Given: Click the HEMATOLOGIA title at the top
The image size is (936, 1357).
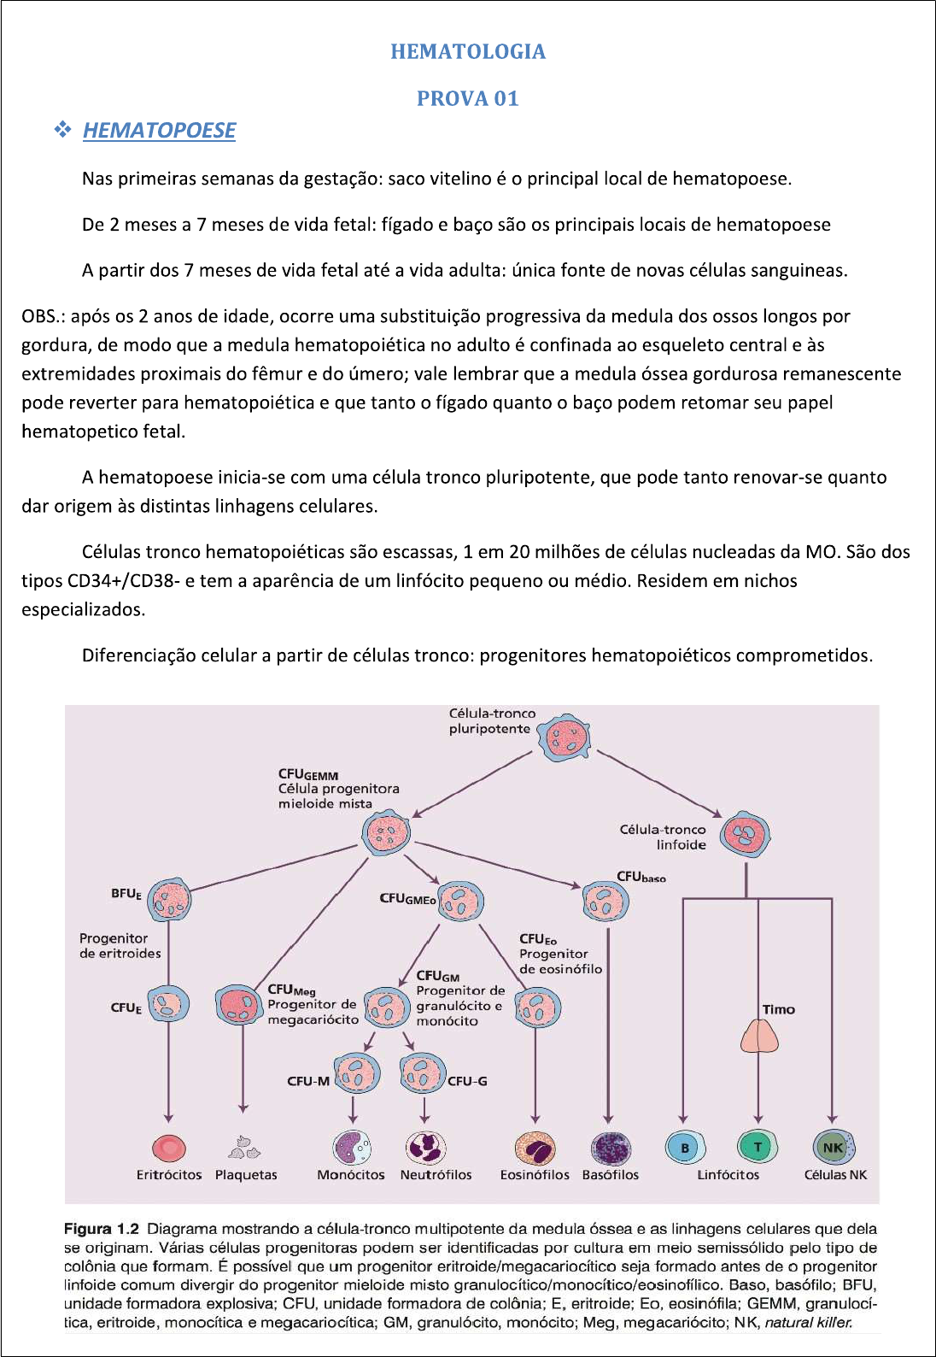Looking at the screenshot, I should pyautogui.click(x=468, y=51).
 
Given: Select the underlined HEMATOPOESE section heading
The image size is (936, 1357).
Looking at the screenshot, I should pyautogui.click(x=159, y=130).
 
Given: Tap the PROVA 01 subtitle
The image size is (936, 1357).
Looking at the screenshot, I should pyautogui.click(x=468, y=98).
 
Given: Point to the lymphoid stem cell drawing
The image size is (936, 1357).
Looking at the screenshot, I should pyautogui.click(x=746, y=835).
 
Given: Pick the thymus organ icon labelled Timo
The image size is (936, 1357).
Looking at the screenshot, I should pyautogui.click(x=759, y=1036).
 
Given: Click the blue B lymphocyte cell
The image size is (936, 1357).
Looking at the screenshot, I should pyautogui.click(x=684, y=1147).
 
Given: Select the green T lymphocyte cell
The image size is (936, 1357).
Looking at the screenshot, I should pyautogui.click(x=758, y=1147).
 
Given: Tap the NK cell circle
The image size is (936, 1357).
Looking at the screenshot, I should pyautogui.click(x=833, y=1147).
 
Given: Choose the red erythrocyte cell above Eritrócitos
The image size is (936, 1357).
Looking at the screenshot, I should pyautogui.click(x=169, y=1148).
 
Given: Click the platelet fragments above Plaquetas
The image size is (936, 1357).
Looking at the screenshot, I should pyautogui.click(x=244, y=1147).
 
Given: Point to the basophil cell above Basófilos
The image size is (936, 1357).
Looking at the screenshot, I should pyautogui.click(x=611, y=1148).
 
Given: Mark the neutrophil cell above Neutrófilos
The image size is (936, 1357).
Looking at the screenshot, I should pyautogui.click(x=425, y=1147).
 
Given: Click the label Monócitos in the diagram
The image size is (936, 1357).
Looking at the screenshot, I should pyautogui.click(x=351, y=1175).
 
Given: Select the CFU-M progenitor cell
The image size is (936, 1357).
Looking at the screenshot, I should pyautogui.click(x=357, y=1074).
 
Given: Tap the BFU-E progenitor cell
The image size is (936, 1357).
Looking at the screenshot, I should pyautogui.click(x=170, y=899).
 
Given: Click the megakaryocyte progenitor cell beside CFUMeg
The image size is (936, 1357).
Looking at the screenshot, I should pyautogui.click(x=237, y=1005).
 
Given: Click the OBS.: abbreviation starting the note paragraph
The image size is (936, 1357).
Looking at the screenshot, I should pyautogui.click(x=43, y=316).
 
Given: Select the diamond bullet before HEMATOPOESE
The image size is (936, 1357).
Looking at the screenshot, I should pyautogui.click(x=62, y=130).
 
